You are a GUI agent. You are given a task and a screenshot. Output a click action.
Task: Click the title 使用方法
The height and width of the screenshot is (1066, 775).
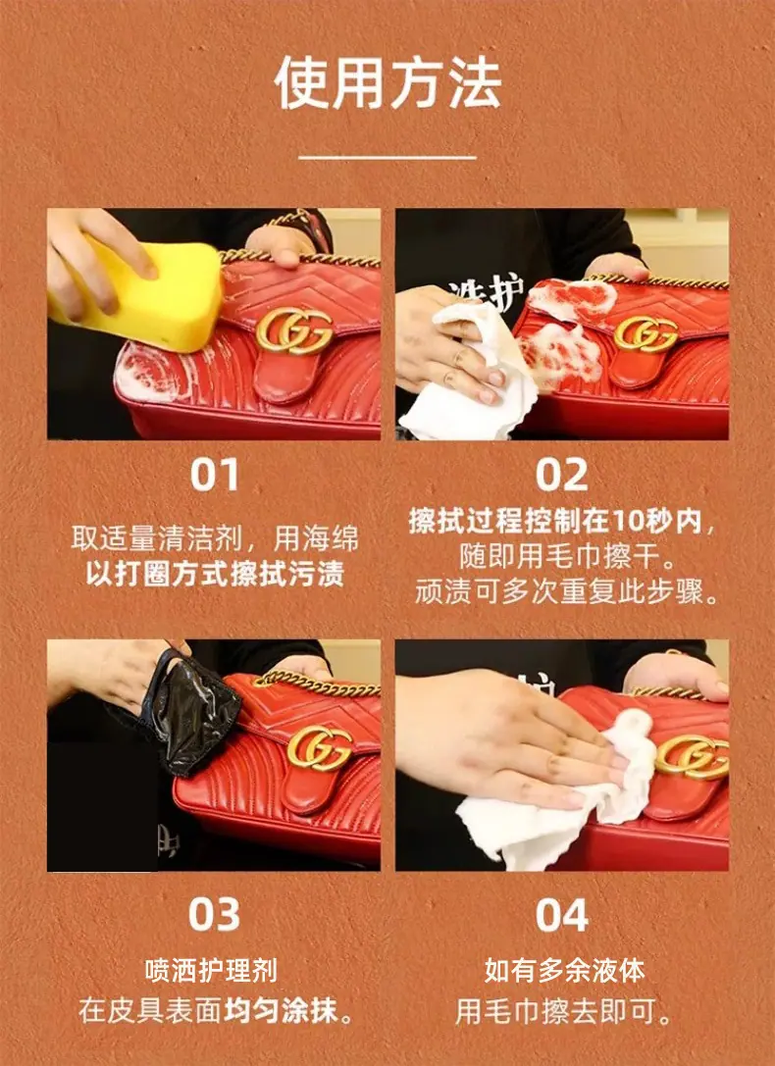387,83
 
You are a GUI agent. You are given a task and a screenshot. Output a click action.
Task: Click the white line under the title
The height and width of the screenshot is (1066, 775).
387,157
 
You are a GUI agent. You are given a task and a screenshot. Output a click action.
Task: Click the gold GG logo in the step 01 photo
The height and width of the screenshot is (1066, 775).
294,331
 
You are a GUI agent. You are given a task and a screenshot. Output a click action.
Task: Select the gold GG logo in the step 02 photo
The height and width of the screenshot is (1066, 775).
646,333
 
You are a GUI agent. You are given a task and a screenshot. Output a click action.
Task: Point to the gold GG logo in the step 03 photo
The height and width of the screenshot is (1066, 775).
320,748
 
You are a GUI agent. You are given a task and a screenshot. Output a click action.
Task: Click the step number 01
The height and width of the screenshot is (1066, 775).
214,476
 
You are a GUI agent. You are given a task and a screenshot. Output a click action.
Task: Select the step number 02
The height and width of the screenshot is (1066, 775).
561,476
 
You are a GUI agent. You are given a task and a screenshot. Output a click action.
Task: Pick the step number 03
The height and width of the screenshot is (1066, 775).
214,914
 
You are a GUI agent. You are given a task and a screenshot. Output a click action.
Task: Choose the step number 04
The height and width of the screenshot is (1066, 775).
561,915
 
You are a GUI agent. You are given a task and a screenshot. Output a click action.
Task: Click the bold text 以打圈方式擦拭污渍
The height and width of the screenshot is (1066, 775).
215,574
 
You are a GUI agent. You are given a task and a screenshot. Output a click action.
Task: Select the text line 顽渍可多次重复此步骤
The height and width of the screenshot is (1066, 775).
568,591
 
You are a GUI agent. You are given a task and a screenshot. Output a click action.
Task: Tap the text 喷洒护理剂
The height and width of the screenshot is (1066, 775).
212,971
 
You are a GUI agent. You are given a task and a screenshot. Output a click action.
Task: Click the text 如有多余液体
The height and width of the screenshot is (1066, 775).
564,971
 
